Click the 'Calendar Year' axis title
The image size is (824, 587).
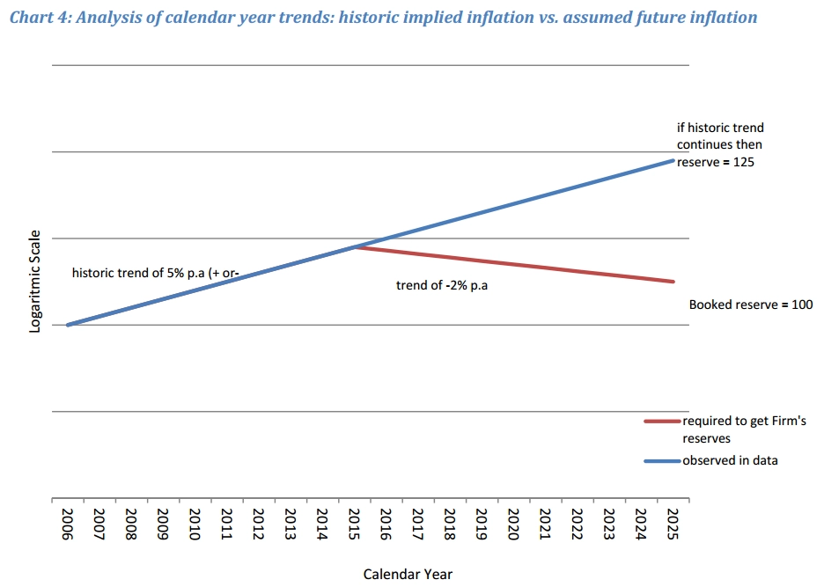pos(408,574)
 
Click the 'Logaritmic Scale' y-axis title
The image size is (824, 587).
pos(35,281)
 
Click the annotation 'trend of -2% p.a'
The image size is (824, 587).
pos(441,285)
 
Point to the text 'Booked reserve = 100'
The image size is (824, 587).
pos(750,305)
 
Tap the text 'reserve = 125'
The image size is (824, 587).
pos(716,162)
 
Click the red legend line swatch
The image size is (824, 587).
pos(661,422)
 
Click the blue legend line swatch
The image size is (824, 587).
pos(661,460)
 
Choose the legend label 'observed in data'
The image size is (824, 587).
pos(730,460)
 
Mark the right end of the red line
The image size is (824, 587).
pos(673,282)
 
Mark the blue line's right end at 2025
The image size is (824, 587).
pos(673,160)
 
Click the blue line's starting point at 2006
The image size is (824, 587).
pos(68,325)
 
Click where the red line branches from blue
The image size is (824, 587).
pos(355,247)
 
